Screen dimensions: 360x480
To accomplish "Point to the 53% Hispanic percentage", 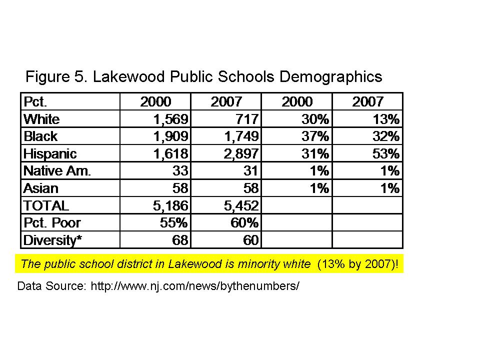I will click(x=388, y=153).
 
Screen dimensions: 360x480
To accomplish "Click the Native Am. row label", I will click(x=57, y=171).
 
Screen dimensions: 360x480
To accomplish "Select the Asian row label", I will click(x=41, y=188).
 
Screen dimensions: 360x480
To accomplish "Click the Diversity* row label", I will click(x=52, y=240).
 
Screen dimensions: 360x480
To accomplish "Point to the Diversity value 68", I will click(x=179, y=240).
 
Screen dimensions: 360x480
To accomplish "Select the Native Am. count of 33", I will click(x=179, y=171).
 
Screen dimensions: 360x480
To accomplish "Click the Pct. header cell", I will click(x=35, y=102).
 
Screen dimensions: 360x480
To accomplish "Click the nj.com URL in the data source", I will click(x=194, y=287).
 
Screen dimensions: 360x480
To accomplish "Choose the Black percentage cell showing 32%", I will click(x=388, y=136).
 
